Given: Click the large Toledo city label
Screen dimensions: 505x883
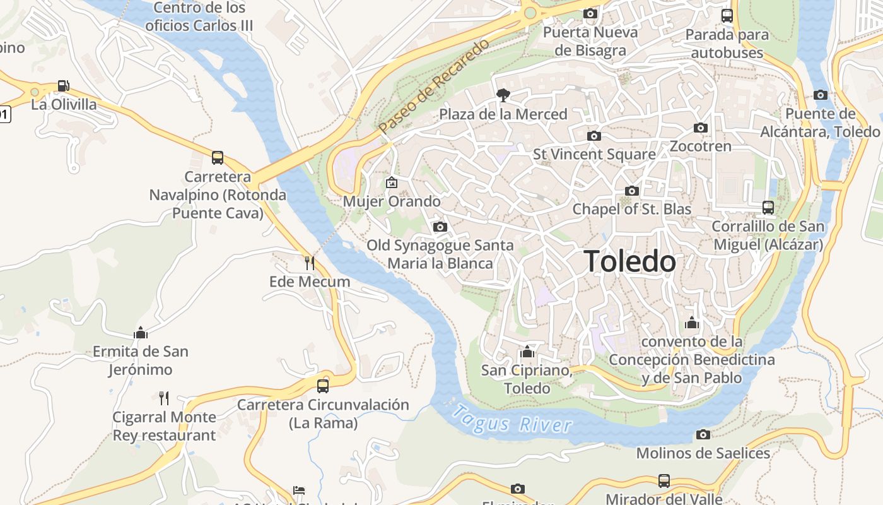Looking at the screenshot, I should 629,261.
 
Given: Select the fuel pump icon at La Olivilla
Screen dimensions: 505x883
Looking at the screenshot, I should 63,86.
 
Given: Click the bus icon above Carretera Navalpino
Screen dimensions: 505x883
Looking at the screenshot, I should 218,158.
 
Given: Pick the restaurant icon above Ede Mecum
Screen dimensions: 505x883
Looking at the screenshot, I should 309,263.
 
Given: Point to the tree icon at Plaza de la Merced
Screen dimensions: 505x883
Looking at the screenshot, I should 503,95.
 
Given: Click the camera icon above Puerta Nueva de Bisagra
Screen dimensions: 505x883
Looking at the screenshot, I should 590,13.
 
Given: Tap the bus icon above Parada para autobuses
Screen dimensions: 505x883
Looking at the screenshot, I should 727,16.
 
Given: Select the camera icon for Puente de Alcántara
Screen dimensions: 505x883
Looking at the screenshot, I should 821,95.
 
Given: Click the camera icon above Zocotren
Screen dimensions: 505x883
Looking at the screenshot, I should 700,128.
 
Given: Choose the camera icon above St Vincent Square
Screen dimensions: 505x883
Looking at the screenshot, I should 594,136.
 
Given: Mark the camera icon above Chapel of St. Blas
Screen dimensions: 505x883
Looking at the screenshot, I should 632,191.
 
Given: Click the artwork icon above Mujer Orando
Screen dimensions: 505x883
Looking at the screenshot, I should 392,183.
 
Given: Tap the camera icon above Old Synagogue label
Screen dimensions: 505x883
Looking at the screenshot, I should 440,227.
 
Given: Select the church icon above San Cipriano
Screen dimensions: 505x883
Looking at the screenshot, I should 527,352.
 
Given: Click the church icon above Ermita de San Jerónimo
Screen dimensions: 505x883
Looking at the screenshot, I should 141,333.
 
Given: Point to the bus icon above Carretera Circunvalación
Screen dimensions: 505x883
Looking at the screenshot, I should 323,386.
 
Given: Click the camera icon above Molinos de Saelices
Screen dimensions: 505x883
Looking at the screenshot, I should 703,434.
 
